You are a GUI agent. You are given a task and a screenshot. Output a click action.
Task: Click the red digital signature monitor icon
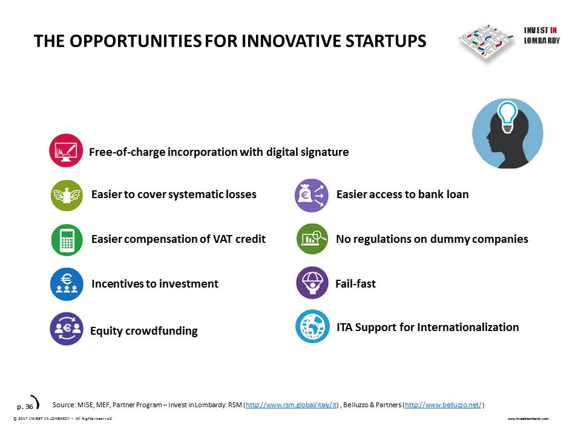pos(66,150)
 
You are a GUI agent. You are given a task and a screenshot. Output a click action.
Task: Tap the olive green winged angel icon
pos(67,195)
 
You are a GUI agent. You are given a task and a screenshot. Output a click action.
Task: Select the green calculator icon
pos(67,240)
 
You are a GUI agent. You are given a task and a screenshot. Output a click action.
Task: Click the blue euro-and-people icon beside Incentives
pos(67,284)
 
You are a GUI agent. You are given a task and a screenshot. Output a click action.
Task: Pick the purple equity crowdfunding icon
pos(67,329)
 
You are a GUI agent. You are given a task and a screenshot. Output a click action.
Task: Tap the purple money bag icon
pos(312,195)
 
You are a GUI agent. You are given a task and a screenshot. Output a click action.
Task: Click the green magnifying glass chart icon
pos(312,239)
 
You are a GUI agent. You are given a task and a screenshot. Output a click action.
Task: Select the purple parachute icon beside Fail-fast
pos(312,283)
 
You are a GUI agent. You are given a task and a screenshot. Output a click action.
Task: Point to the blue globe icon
pos(312,326)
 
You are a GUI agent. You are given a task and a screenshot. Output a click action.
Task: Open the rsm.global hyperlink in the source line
pos(291,405)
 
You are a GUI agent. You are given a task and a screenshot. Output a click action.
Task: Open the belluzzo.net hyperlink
pos(443,405)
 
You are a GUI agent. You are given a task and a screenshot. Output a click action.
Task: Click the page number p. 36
pos(25,407)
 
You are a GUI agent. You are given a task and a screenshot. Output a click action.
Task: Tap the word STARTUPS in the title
pos(386,41)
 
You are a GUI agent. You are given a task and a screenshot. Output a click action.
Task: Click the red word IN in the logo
pos(553,30)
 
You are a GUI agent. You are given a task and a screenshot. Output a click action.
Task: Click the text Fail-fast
pos(355,284)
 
